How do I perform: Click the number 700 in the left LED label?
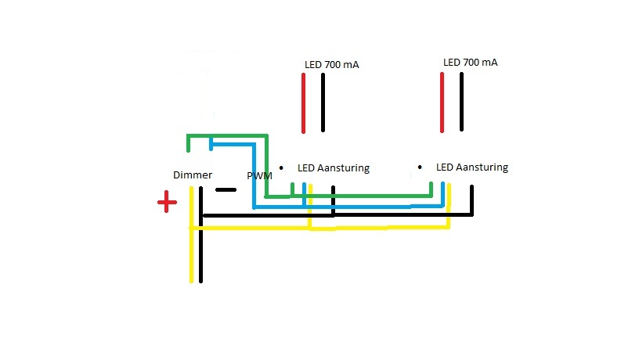tap(332, 65)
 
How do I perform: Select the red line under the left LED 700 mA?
tap(303, 103)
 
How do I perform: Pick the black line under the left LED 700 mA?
tap(323, 103)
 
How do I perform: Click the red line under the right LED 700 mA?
tap(442, 102)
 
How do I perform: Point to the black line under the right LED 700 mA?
tap(462, 102)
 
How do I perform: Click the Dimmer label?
tap(193, 175)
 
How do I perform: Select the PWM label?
tap(259, 176)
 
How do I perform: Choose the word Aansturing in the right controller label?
tap(482, 167)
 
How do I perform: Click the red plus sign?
tap(166, 203)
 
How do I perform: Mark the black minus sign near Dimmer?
tap(225, 189)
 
